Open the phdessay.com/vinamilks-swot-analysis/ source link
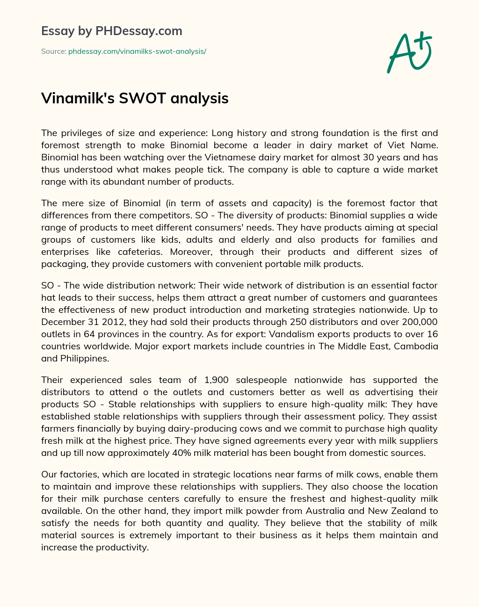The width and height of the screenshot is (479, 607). (x=137, y=51)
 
